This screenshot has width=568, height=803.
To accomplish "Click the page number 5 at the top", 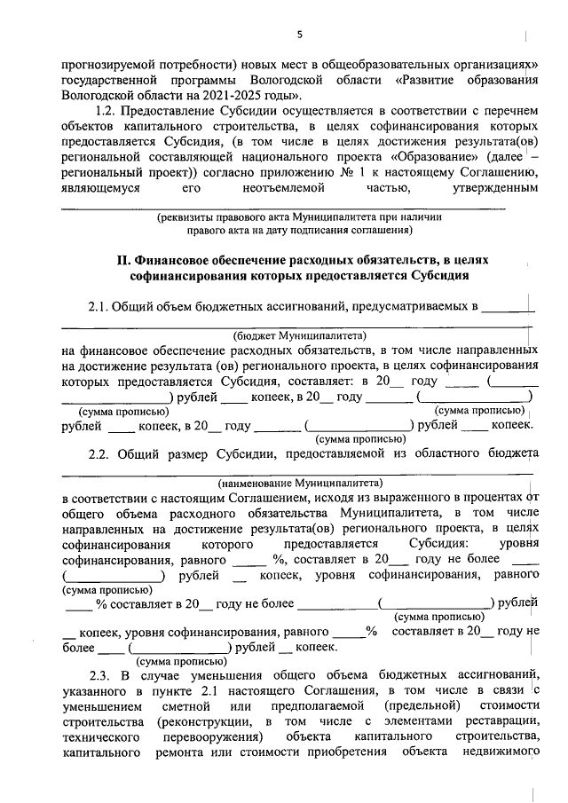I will pos(299,35).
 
